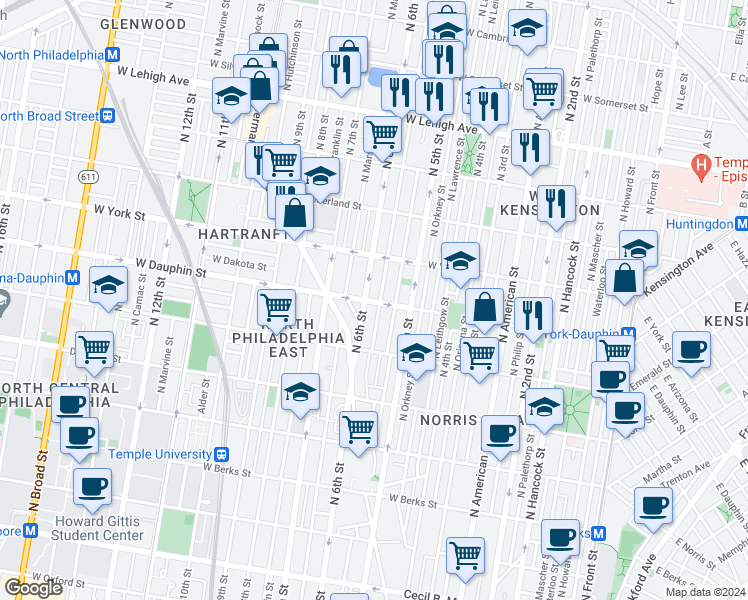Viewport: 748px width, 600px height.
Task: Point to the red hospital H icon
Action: (x=701, y=163)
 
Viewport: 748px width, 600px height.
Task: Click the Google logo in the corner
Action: (x=33, y=588)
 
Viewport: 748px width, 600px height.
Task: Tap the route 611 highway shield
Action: (x=90, y=176)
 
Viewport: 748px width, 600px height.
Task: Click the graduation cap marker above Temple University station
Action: (x=300, y=394)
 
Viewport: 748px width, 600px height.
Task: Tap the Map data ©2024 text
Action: (x=705, y=592)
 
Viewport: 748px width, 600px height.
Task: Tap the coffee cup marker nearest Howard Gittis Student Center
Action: (x=93, y=487)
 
